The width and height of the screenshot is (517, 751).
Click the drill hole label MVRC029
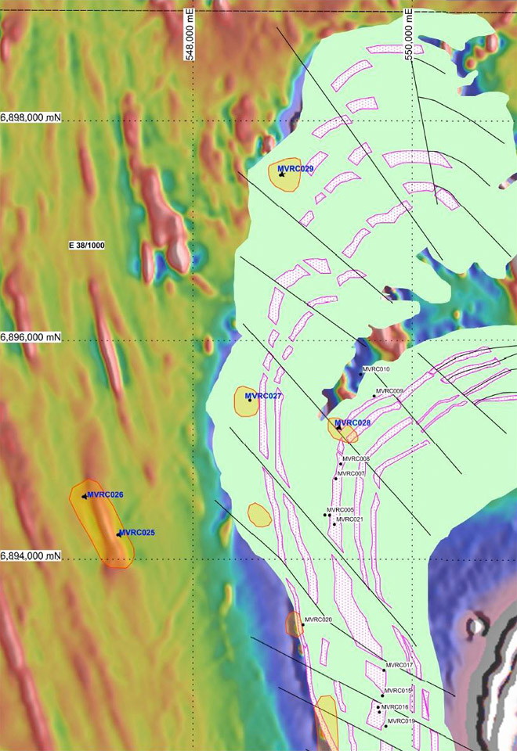click(296, 169)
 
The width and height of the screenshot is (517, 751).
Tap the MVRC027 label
click(263, 396)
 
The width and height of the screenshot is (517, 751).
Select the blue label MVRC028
click(353, 423)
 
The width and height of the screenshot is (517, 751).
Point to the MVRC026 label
click(106, 494)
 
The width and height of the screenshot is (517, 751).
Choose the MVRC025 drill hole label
click(137, 533)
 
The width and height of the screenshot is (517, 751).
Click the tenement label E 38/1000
click(86, 246)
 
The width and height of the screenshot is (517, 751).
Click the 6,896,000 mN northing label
click(31, 337)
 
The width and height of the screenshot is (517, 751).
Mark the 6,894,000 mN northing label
click(31, 555)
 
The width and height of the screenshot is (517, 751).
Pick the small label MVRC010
click(376, 368)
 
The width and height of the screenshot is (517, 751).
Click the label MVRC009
click(390, 391)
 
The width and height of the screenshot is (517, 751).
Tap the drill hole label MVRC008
click(356, 458)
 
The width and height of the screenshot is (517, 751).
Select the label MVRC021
click(349, 519)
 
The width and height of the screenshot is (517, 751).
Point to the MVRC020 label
click(319, 620)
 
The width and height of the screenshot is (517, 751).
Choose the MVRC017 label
click(399, 665)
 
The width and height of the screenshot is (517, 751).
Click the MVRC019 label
click(400, 721)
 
